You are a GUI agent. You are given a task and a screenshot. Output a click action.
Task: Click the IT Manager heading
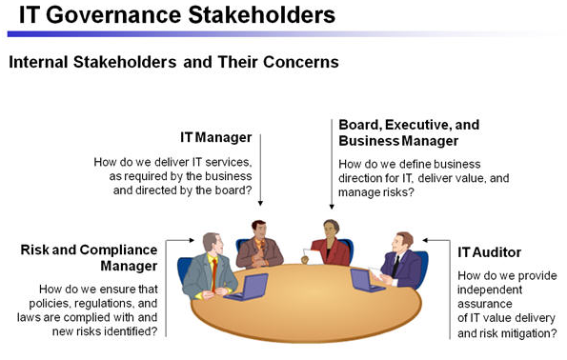(x=216, y=137)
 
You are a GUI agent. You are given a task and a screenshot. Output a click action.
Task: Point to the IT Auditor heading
(x=489, y=252)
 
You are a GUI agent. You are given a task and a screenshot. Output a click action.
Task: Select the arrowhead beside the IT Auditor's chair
(x=426, y=240)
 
